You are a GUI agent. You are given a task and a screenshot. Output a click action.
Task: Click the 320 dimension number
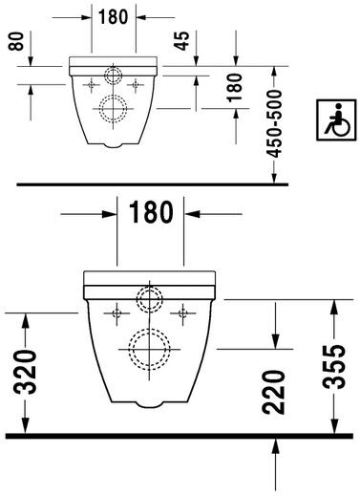coord(27,374)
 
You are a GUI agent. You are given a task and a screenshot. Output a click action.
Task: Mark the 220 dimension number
coord(274,390)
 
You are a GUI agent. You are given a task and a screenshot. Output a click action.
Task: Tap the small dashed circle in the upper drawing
coord(114,76)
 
